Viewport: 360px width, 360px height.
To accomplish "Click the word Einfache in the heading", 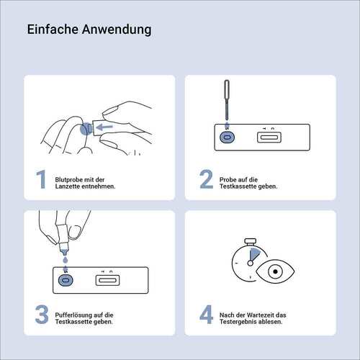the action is point(53,30).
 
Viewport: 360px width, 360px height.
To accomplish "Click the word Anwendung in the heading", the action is point(117,30).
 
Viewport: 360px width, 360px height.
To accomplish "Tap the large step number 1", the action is point(41,179).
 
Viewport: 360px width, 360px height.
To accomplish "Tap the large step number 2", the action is point(206,179).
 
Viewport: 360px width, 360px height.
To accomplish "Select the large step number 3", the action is point(42,315).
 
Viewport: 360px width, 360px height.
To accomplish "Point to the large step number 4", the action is point(206,315).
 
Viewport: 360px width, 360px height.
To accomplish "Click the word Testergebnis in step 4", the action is point(237,322).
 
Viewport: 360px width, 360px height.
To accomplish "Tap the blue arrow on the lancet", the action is point(104,127).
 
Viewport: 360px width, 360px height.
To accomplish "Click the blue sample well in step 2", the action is point(227,138).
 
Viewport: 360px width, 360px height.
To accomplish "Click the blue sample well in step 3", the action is point(66,280).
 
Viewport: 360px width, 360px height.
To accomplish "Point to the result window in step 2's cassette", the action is point(269,138).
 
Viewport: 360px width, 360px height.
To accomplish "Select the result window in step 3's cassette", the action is point(107,280).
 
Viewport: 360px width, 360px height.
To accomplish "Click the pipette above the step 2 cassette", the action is point(227,101).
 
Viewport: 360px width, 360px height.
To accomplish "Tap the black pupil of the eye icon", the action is point(275,271).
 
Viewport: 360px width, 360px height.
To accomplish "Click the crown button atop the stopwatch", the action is point(251,241).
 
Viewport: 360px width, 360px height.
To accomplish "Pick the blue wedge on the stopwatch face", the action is point(253,254).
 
